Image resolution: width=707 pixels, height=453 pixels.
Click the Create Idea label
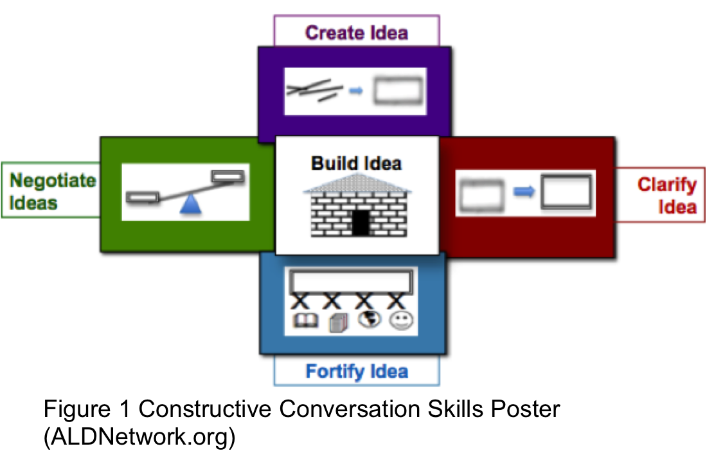pyautogui.click(x=357, y=33)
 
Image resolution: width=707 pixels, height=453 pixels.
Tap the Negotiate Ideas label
pyautogui.click(x=52, y=191)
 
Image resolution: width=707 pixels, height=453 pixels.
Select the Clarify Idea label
pyautogui.click(x=667, y=196)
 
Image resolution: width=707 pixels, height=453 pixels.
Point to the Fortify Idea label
pyautogui.click(x=357, y=371)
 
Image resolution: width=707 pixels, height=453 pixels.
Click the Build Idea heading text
pyautogui.click(x=356, y=163)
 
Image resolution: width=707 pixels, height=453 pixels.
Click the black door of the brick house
pyautogui.click(x=361, y=223)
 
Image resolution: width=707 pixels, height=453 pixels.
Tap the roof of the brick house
pyautogui.click(x=357, y=183)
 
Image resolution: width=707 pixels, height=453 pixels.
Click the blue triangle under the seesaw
pyautogui.click(x=190, y=204)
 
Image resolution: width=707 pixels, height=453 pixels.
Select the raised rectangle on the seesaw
pyautogui.click(x=228, y=176)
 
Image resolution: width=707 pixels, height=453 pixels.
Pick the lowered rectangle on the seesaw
pyautogui.click(x=143, y=198)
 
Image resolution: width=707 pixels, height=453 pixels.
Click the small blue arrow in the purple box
pyautogui.click(x=356, y=91)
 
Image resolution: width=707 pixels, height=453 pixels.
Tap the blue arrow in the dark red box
pyautogui.click(x=523, y=192)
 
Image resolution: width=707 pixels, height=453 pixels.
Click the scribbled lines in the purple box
pyautogui.click(x=314, y=90)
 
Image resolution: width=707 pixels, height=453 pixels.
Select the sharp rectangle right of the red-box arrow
pyautogui.click(x=566, y=191)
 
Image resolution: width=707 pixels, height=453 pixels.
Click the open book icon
pyautogui.click(x=306, y=321)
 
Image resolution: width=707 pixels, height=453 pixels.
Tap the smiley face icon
pyautogui.click(x=401, y=321)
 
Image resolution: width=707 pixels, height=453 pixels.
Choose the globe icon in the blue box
pyautogui.click(x=370, y=319)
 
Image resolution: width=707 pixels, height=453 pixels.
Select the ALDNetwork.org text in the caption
pyautogui.click(x=139, y=437)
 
